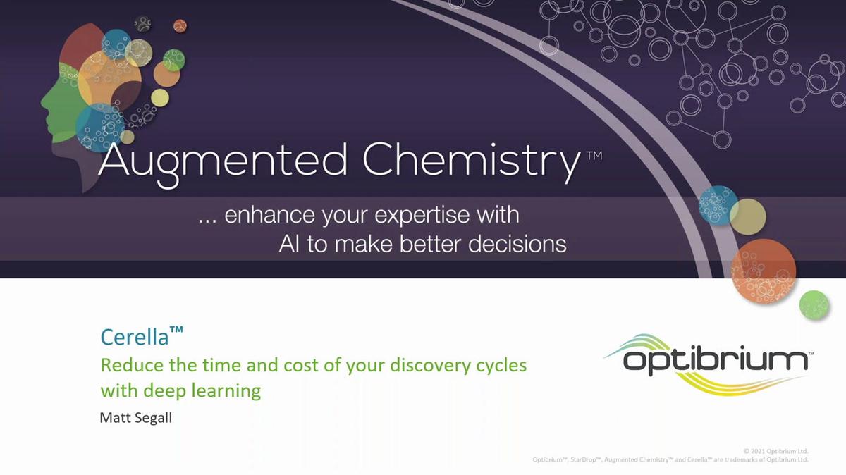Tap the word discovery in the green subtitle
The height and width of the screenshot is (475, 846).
point(420,366)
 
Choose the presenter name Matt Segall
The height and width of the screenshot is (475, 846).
point(136,418)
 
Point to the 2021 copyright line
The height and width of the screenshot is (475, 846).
point(775,450)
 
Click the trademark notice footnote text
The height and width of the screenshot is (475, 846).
point(670,459)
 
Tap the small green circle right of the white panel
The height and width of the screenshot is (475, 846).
point(814,304)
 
